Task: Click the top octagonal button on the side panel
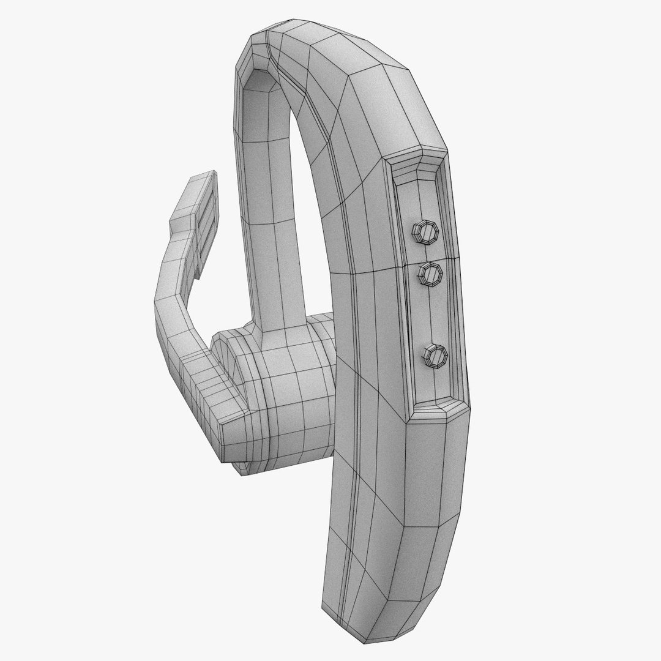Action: click(x=424, y=232)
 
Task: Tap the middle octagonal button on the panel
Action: click(x=431, y=276)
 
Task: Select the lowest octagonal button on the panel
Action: click(x=436, y=356)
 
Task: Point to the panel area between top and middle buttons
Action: click(x=428, y=254)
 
